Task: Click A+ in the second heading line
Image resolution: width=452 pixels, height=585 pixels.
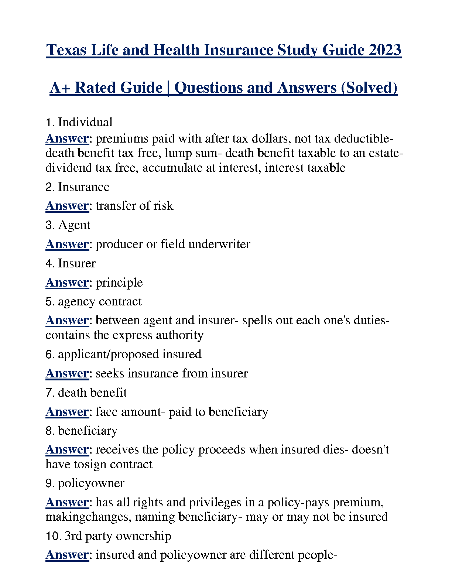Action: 60,88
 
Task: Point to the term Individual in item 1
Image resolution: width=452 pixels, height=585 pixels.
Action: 85,122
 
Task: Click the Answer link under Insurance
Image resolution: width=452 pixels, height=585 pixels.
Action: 67,206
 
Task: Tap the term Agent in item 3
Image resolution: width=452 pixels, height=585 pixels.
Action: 74,225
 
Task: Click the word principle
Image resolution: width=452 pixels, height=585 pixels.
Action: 119,283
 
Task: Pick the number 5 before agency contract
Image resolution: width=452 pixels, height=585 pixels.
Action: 49,302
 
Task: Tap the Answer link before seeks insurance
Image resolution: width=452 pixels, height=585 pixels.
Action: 67,373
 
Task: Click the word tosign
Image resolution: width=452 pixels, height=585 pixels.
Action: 86,464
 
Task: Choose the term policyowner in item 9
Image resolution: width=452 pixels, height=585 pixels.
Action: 91,483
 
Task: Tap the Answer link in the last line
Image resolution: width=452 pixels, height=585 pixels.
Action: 67,555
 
